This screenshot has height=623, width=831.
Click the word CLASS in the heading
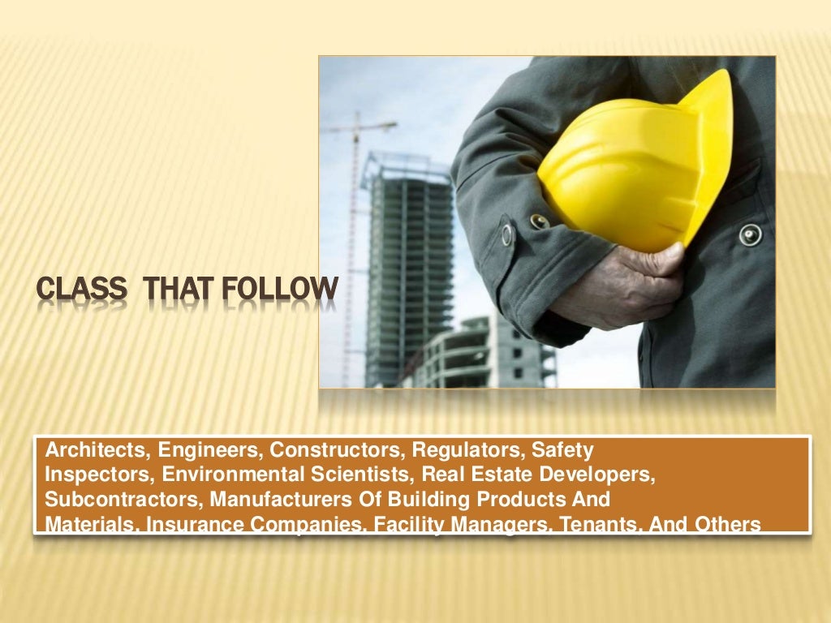[x=82, y=290]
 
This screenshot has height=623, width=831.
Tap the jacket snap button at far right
[x=750, y=235]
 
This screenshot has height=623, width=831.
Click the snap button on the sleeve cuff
[x=508, y=234]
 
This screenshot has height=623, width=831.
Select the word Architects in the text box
[x=97, y=449]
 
